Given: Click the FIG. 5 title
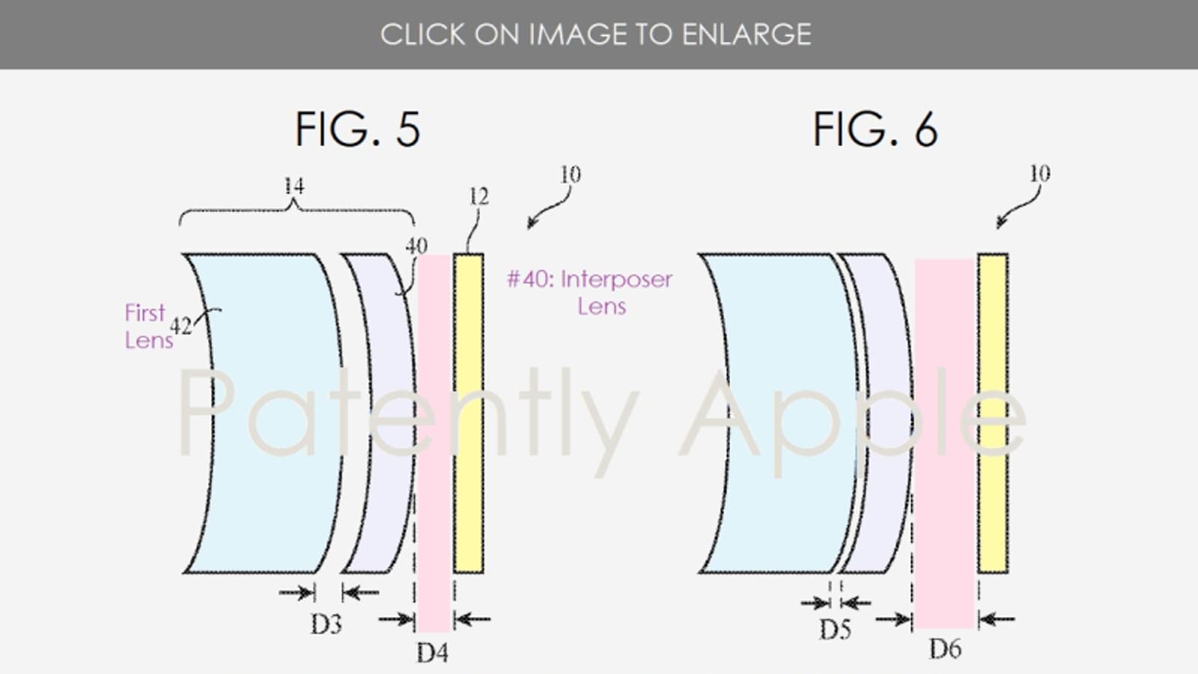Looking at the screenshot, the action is pyautogui.click(x=358, y=129).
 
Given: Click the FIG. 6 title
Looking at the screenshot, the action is pyautogui.click(x=875, y=129).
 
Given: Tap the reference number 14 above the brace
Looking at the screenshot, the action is pyautogui.click(x=294, y=186).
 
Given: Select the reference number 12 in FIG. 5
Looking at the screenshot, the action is pyautogui.click(x=478, y=198).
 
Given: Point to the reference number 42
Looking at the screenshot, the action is pyautogui.click(x=180, y=326).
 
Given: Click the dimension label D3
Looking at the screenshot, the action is pyautogui.click(x=326, y=625).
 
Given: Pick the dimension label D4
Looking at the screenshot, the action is pyautogui.click(x=432, y=652).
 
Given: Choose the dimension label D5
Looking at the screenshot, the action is pyautogui.click(x=835, y=630).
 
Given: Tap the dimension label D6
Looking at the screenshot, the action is pyautogui.click(x=946, y=649).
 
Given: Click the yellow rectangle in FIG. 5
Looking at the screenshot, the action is pyautogui.click(x=469, y=413).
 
